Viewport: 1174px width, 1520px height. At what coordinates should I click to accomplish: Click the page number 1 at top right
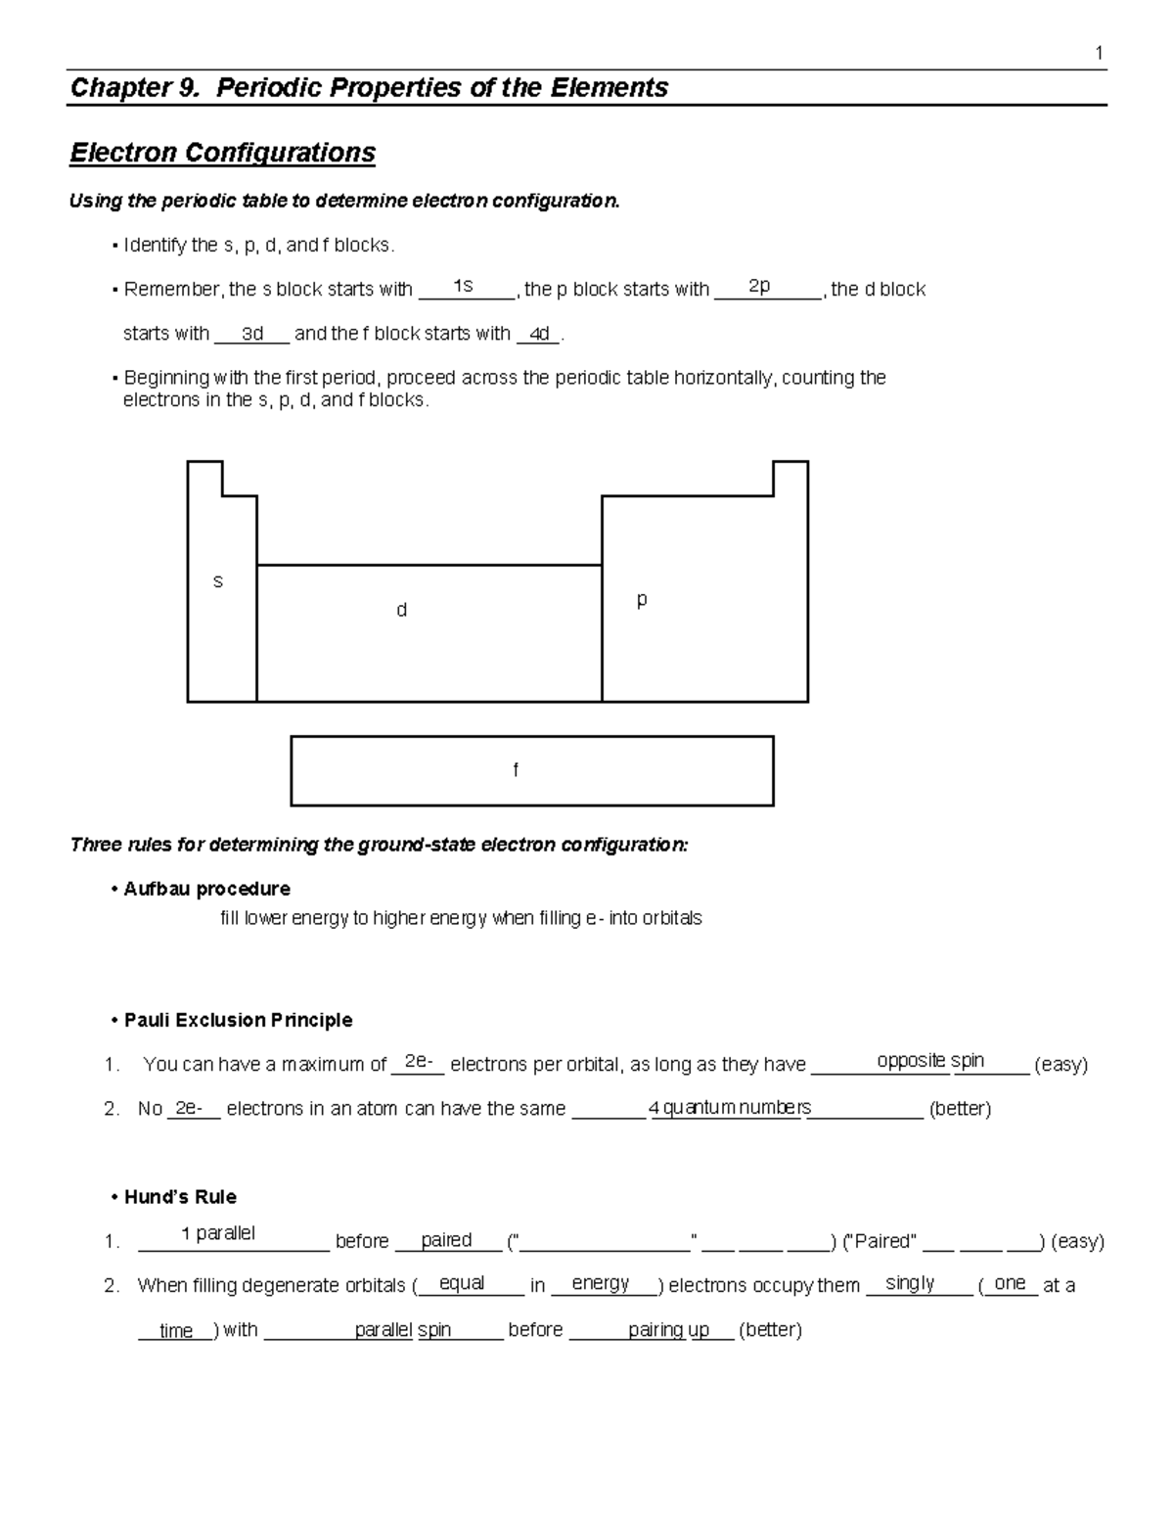(1100, 54)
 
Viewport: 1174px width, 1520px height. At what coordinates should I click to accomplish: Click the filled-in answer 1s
(463, 285)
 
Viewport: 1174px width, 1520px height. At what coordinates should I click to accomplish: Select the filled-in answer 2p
(759, 286)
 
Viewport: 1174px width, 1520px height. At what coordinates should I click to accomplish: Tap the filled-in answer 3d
(252, 334)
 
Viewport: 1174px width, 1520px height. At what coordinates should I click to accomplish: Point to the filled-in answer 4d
(538, 334)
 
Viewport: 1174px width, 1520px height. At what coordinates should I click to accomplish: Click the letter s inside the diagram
(218, 581)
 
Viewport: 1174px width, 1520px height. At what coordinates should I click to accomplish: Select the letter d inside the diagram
(401, 610)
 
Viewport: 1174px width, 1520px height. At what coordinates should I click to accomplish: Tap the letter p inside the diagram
(642, 599)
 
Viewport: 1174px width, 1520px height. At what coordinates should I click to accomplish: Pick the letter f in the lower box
(516, 770)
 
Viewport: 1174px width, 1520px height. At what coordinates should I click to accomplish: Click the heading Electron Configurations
(222, 154)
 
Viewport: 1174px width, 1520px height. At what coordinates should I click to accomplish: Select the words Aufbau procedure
(206, 889)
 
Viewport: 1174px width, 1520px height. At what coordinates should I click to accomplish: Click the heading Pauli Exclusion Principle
(238, 1020)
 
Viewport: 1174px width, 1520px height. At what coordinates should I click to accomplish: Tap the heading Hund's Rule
(180, 1197)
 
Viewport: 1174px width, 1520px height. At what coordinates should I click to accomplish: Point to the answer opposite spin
(930, 1061)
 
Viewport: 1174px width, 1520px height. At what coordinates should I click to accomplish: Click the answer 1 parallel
(218, 1233)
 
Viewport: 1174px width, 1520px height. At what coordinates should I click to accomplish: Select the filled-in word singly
(910, 1283)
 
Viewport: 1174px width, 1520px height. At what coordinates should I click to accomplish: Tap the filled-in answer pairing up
(668, 1329)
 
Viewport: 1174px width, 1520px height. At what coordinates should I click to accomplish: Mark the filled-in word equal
(462, 1283)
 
